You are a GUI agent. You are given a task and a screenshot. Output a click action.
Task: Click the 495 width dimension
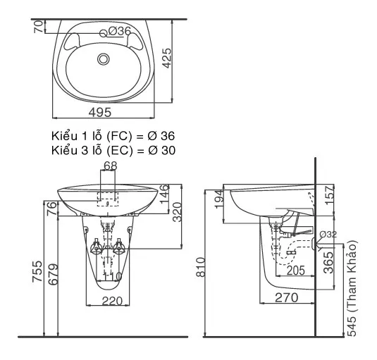(100, 112)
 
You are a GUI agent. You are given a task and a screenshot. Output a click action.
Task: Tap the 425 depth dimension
(166, 58)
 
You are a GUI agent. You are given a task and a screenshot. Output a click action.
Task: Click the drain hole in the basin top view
(104, 59)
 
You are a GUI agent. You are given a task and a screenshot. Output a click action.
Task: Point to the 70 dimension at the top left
(39, 27)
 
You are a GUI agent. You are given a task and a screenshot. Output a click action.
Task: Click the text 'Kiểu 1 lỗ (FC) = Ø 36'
(113, 136)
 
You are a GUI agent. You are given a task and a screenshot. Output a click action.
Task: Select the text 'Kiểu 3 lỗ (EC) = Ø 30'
(113, 151)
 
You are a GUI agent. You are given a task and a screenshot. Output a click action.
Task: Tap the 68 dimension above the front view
(111, 166)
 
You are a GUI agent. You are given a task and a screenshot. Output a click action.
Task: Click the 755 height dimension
(37, 271)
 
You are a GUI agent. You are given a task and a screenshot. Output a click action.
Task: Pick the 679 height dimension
(53, 274)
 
